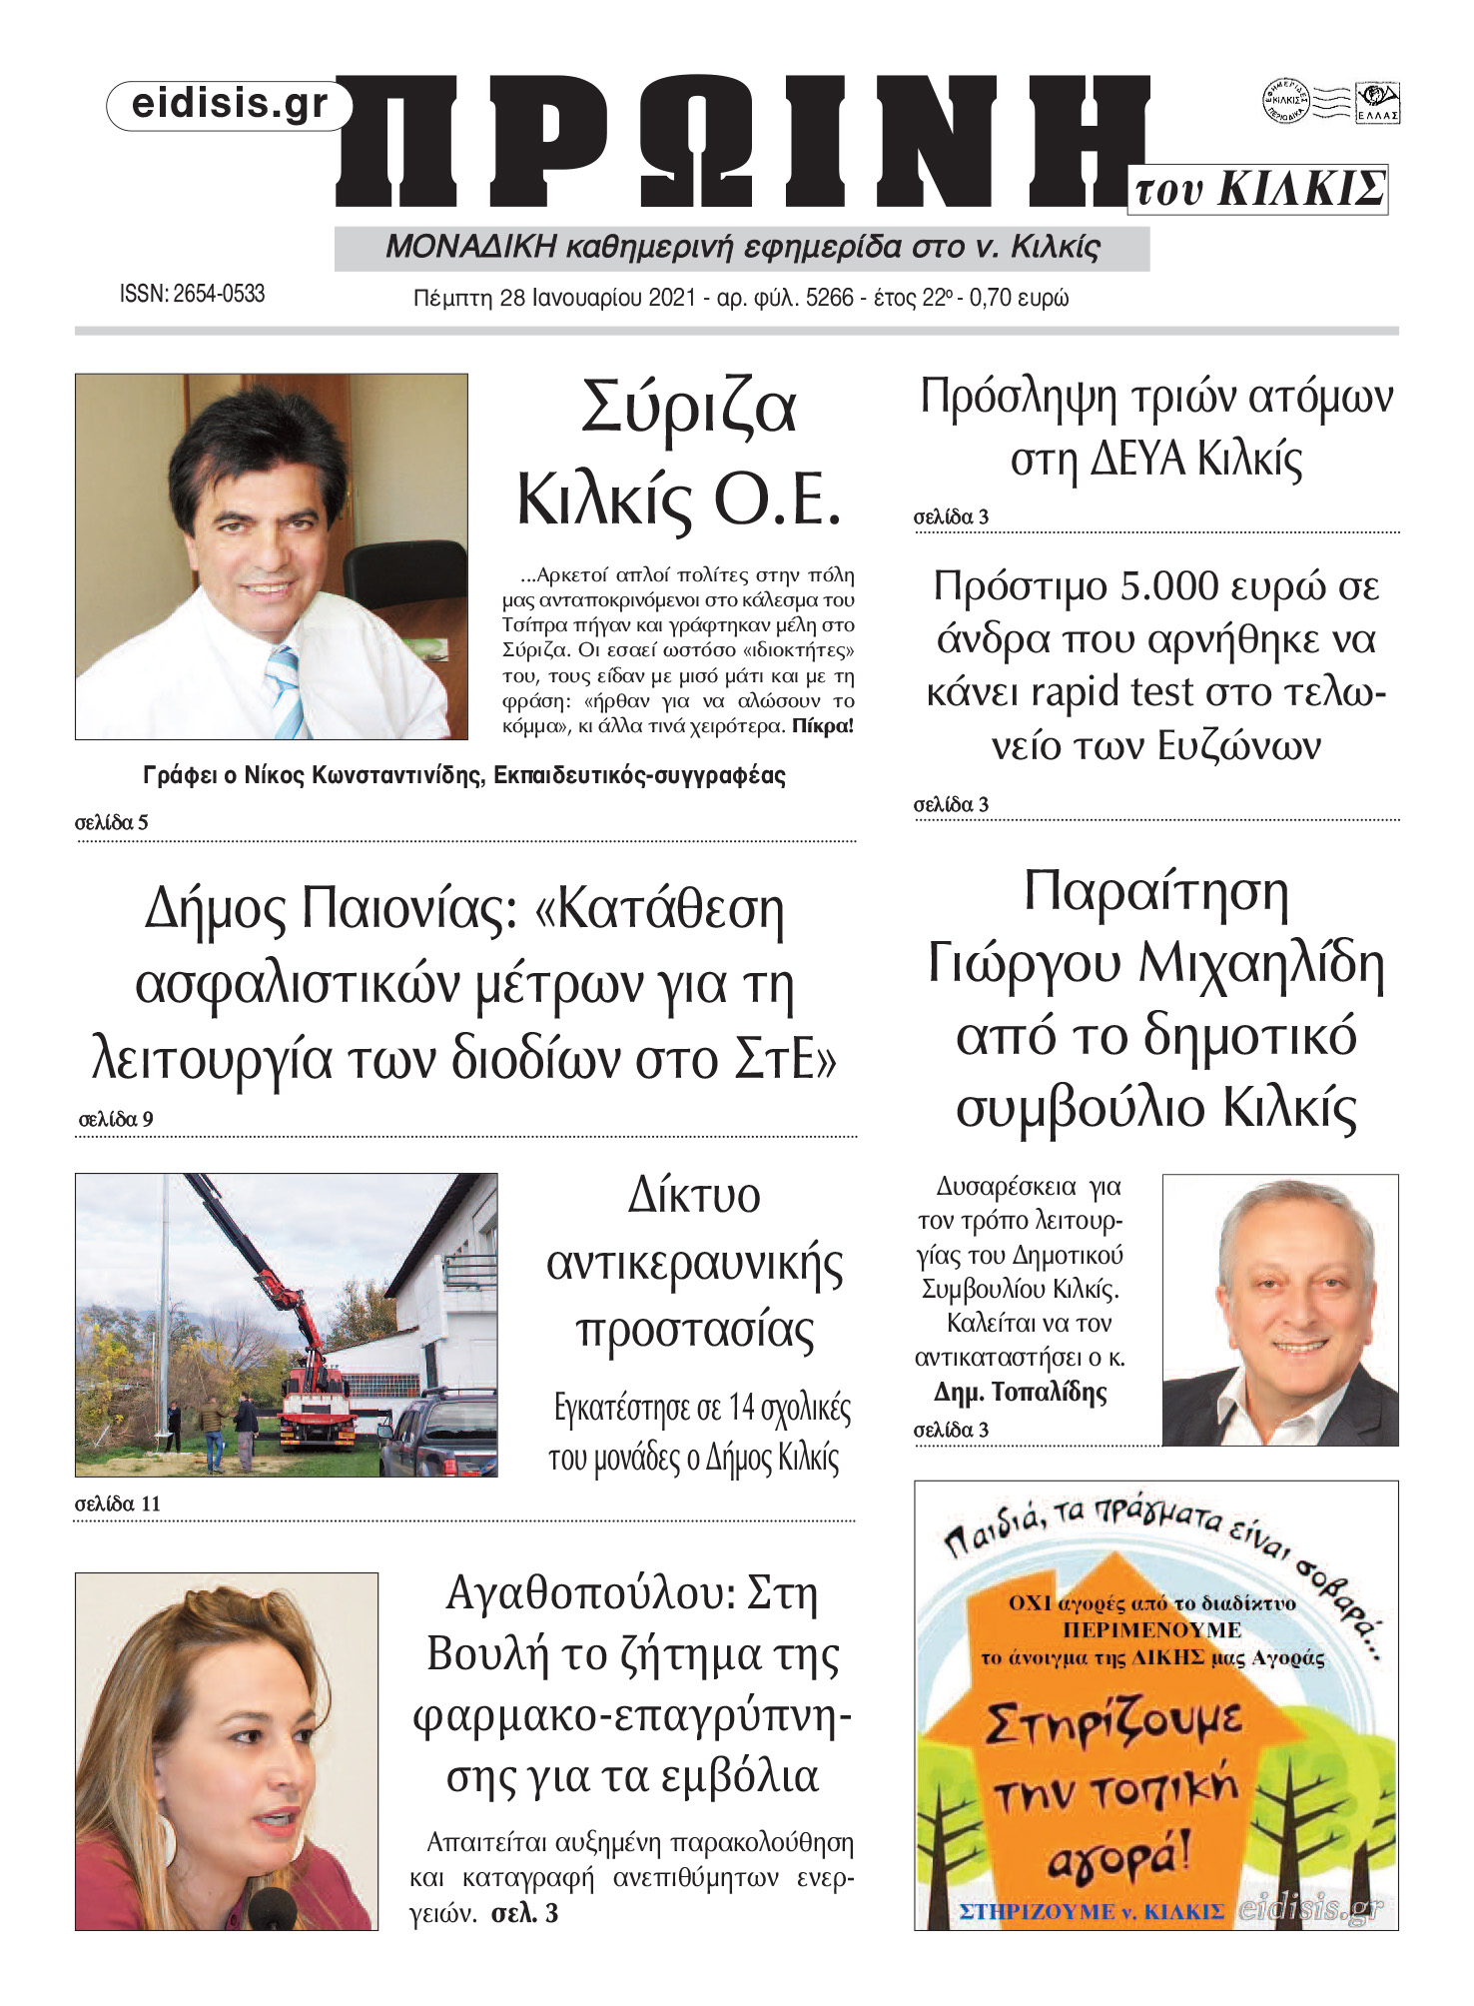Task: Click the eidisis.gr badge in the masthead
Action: click(x=229, y=104)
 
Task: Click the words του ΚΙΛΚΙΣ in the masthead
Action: click(x=1260, y=189)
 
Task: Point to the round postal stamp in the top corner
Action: click(x=1286, y=101)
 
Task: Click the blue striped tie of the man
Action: click(x=284, y=688)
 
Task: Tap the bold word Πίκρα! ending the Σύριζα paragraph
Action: click(x=823, y=726)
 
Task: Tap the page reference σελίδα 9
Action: click(x=116, y=1119)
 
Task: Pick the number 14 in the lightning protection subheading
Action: click(x=741, y=1408)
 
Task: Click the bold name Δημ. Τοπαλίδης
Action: click(x=1021, y=1392)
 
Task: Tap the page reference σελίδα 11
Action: click(x=118, y=1504)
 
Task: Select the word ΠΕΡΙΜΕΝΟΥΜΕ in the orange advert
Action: click(x=1151, y=1629)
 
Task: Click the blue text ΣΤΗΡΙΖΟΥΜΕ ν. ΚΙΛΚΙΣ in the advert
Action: click(x=1092, y=1911)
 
